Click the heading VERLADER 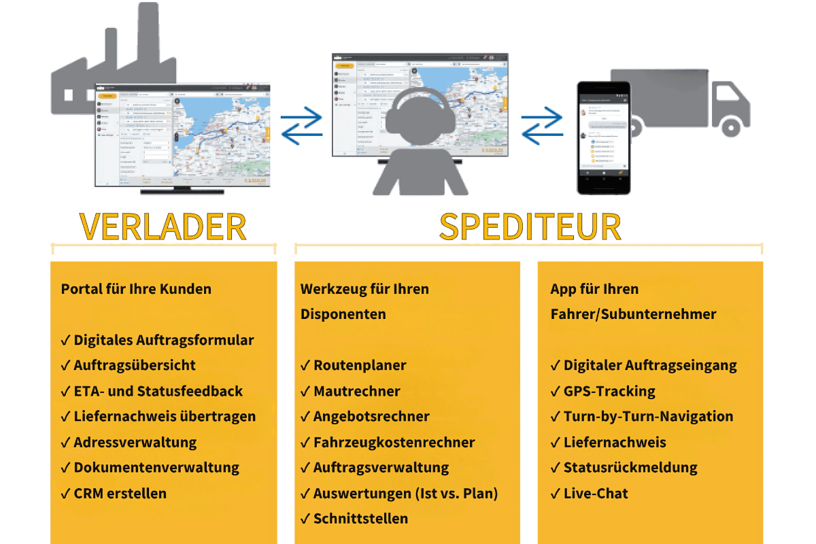[163, 226]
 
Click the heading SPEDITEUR [530, 226]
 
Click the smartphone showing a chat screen [603, 138]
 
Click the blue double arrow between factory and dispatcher [302, 125]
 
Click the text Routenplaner [360, 365]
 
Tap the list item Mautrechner [356, 391]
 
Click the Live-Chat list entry [596, 493]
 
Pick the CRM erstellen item [120, 493]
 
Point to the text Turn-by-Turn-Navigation [648, 416]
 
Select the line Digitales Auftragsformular [163, 340]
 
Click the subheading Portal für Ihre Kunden [136, 288]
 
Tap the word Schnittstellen [360, 518]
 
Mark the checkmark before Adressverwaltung [65, 443]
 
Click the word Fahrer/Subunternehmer [633, 314]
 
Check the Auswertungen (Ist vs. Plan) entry [405, 493]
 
